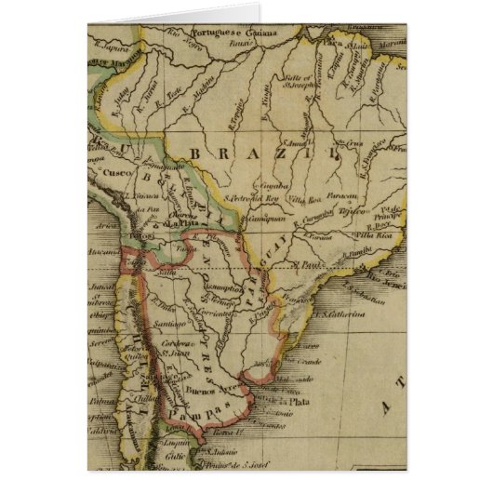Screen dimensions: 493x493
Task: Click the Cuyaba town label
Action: point(258,186)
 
